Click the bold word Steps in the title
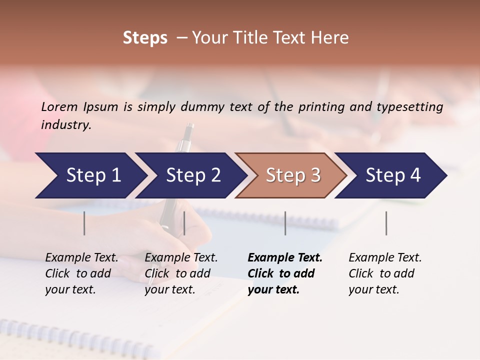(x=145, y=38)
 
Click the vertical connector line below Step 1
(x=84, y=223)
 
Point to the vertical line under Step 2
(x=184, y=223)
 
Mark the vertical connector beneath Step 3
(x=285, y=223)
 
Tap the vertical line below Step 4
(x=386, y=223)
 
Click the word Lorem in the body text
(x=59, y=106)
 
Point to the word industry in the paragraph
(x=66, y=125)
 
